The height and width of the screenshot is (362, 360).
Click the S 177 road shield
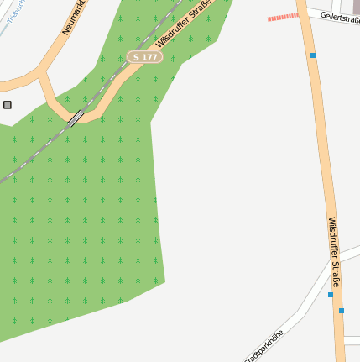[x=145, y=56]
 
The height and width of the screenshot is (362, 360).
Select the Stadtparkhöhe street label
[x=264, y=345]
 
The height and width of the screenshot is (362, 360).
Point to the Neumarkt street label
[x=75, y=17]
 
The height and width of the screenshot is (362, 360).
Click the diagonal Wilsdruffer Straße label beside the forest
[x=183, y=23]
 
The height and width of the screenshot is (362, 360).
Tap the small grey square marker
[x=8, y=104]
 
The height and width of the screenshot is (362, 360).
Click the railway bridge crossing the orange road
[x=76, y=118]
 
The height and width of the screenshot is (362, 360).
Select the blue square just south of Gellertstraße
[x=313, y=55]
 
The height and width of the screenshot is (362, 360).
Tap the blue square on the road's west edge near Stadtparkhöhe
[x=331, y=295]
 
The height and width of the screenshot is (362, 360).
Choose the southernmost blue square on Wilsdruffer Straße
[x=342, y=311]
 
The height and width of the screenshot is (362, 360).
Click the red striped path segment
[x=283, y=16]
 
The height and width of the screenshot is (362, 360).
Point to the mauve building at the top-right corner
[x=356, y=7]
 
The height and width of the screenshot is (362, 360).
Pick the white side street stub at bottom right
[x=352, y=339]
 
